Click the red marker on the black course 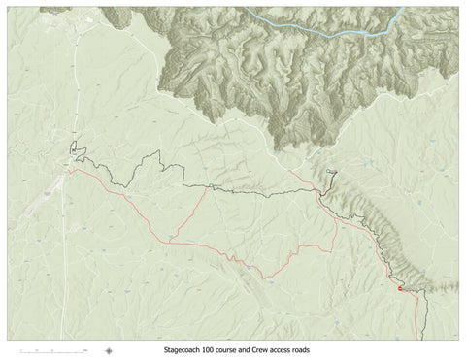[399, 287]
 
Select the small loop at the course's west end [75, 153]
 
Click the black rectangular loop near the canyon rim [331, 173]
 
